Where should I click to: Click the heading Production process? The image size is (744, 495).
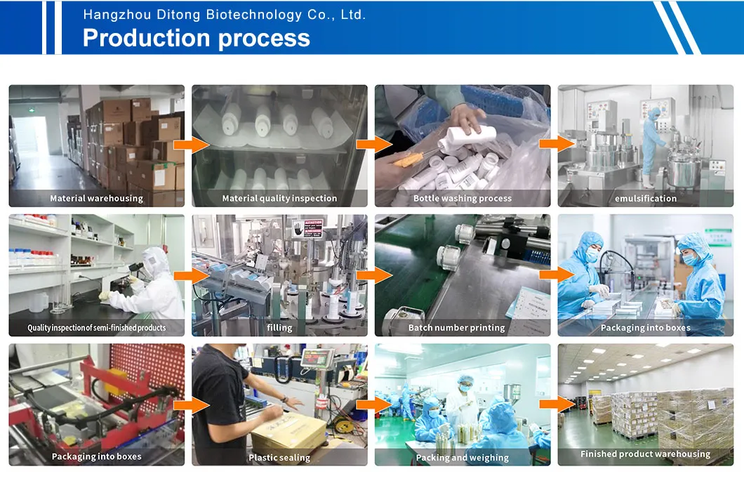coord(197,38)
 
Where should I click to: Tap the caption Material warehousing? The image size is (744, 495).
coord(96,199)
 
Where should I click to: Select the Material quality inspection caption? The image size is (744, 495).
coord(279,199)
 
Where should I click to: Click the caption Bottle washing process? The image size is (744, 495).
coord(463,199)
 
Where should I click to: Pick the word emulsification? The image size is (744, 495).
coord(646,199)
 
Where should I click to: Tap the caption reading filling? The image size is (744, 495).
coord(279,327)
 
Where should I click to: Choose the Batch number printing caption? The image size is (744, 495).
coord(456,327)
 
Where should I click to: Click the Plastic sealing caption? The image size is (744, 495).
coord(279,458)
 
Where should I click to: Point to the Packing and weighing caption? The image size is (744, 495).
coord(462,458)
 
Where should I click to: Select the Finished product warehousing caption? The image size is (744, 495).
coord(645,454)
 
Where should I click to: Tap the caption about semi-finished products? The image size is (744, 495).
coord(96,327)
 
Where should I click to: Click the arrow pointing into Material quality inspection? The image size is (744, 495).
coord(191,145)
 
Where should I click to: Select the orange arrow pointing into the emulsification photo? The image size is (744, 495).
coord(557,143)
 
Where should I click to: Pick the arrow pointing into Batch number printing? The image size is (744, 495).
coord(374,275)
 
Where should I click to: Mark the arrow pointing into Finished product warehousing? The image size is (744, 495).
coord(557,404)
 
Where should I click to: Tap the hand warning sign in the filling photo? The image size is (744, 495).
coord(298,229)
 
